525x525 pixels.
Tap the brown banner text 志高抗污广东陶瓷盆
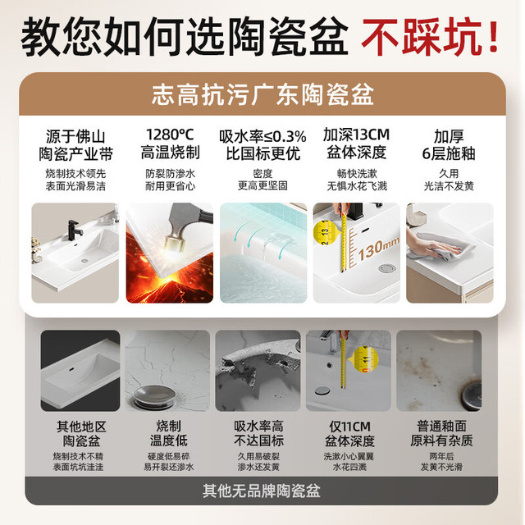(x=262, y=94)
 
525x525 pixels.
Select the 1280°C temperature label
(x=170, y=135)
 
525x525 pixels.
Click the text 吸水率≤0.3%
(x=262, y=136)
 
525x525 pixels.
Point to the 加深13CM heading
(x=356, y=135)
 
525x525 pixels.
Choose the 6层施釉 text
(x=449, y=153)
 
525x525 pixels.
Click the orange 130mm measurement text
(x=378, y=248)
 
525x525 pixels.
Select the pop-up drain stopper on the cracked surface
(x=154, y=397)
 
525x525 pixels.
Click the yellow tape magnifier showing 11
(x=364, y=360)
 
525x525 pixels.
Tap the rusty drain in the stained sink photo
(x=472, y=395)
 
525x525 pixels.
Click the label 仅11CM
(x=349, y=427)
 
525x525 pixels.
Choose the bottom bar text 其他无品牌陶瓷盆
(x=262, y=491)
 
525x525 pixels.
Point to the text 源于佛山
(x=75, y=137)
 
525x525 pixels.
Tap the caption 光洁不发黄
(x=449, y=186)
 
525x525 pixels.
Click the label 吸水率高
(x=258, y=427)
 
